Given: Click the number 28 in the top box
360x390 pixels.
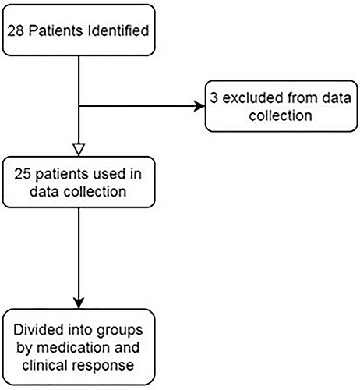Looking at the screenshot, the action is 16,30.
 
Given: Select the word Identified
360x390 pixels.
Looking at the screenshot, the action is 118,30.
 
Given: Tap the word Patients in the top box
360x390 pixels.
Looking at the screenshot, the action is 55,30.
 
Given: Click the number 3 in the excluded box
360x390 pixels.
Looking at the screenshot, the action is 214,98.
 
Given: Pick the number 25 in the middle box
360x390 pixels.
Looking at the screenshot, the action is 23,174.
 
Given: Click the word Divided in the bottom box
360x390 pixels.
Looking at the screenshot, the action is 38,330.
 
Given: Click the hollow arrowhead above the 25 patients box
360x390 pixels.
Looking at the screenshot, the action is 79,150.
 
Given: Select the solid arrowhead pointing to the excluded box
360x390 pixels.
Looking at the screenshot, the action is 199,106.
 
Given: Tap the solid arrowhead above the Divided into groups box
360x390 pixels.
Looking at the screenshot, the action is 79,303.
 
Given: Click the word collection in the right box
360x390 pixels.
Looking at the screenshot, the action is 281,115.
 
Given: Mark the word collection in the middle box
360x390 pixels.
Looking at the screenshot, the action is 95,191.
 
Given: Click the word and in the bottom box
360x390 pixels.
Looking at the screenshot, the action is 127,348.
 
